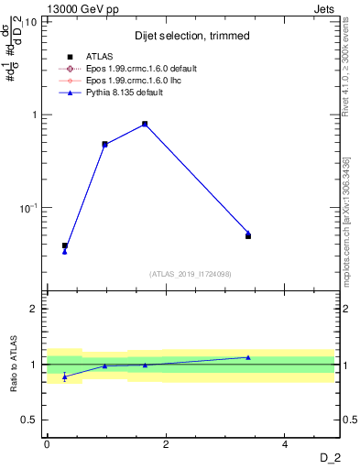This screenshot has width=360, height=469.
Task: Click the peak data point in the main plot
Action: (145, 124)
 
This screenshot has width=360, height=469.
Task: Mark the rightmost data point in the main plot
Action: (248, 235)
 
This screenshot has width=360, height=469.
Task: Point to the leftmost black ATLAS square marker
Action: (64, 245)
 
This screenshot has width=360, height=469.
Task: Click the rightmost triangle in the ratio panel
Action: (248, 357)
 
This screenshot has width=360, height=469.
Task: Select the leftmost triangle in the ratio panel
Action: (64, 376)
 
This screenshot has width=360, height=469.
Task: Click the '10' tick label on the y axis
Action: (31, 22)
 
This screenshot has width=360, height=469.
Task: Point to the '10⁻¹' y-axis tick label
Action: (28, 208)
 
